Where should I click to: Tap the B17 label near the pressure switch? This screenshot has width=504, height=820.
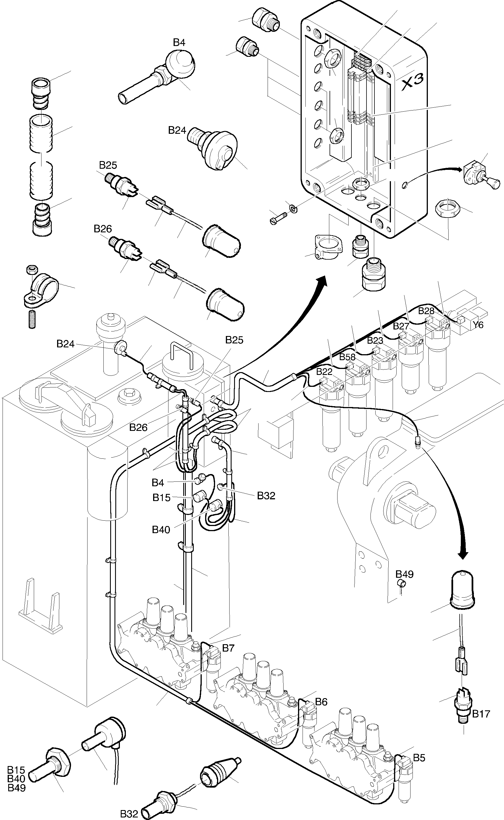[481, 714]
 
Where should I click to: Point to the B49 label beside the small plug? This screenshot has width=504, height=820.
[404, 574]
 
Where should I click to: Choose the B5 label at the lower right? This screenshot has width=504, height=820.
[419, 758]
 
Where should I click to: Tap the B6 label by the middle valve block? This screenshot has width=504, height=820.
[321, 702]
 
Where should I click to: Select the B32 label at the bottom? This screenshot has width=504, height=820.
[129, 813]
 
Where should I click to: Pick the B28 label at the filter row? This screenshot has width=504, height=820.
[426, 311]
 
